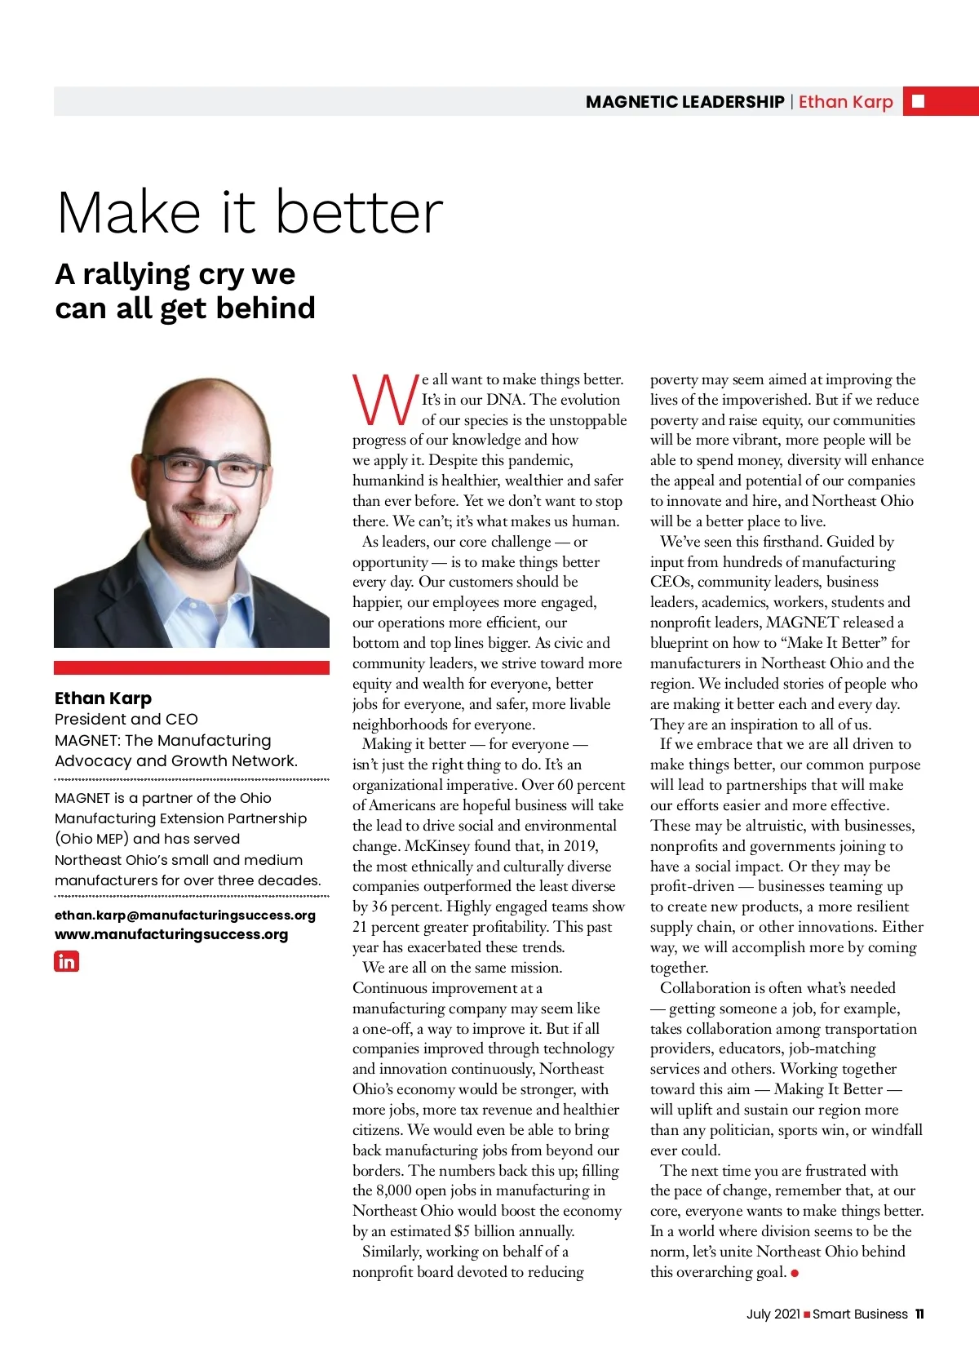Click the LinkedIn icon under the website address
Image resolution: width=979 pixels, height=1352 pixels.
tap(67, 961)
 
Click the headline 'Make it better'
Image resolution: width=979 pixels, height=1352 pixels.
tap(250, 212)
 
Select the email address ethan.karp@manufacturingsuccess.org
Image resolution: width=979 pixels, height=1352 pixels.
tap(184, 915)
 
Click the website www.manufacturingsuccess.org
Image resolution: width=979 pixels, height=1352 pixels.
tap(171, 934)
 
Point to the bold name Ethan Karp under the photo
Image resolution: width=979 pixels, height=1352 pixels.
tap(103, 698)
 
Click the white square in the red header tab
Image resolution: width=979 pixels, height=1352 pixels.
tap(918, 101)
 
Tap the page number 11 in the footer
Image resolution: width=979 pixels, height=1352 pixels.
tap(919, 1314)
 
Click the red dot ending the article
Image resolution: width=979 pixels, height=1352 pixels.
tap(795, 1273)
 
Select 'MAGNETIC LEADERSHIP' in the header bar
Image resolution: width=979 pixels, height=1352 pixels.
tap(684, 102)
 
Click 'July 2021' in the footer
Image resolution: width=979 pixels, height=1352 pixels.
tap(773, 1314)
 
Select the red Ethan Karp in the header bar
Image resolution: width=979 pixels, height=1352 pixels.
tap(845, 102)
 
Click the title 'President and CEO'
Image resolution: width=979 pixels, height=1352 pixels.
tap(126, 719)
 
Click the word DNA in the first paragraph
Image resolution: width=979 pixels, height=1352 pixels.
tap(504, 400)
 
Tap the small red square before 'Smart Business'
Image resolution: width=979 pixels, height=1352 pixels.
tap(807, 1314)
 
